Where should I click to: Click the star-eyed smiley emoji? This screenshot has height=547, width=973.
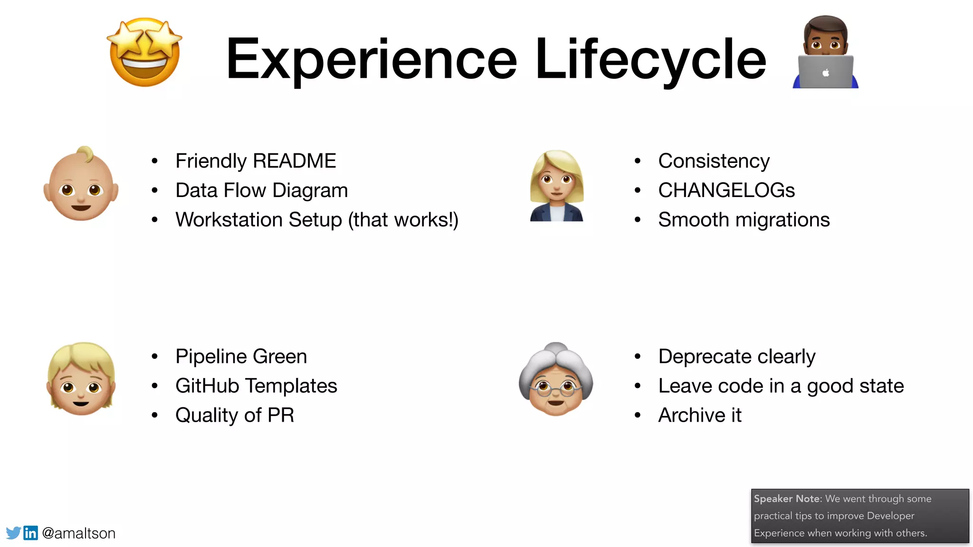[145, 52]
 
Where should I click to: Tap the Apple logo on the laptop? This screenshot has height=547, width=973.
[826, 73]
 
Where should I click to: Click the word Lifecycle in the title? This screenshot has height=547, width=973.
[650, 59]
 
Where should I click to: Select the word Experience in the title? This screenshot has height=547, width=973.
[371, 59]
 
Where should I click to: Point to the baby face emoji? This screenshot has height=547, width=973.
[81, 184]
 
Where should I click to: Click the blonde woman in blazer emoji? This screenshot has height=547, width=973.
[556, 186]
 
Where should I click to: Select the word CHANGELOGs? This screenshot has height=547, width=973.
[726, 190]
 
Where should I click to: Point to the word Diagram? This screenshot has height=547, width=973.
[310, 190]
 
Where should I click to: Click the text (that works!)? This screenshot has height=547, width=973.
[403, 220]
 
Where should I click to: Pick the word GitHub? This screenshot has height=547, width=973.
[207, 386]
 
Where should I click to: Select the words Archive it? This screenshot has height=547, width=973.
[699, 415]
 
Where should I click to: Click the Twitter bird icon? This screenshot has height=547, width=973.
[13, 533]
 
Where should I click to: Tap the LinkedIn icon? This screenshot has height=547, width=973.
[31, 533]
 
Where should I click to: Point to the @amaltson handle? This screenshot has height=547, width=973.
[79, 533]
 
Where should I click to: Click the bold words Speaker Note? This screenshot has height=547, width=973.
[787, 499]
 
